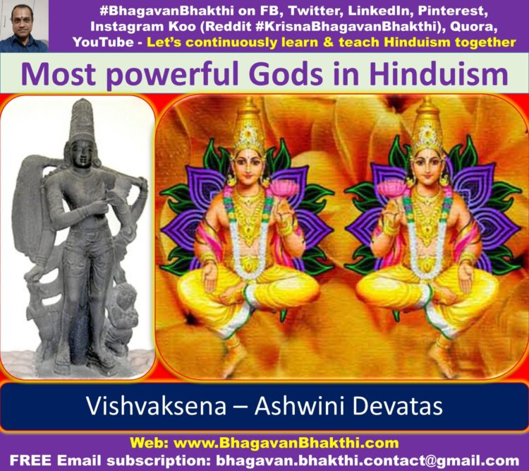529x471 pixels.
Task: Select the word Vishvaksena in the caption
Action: point(156,406)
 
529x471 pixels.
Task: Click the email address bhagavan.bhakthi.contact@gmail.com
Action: point(367,460)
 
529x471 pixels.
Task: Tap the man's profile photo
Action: point(24,26)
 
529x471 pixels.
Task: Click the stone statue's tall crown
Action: point(82,120)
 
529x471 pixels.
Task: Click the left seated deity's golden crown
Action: point(250,126)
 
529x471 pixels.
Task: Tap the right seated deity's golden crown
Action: point(427,126)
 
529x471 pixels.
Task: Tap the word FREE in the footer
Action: point(30,460)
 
